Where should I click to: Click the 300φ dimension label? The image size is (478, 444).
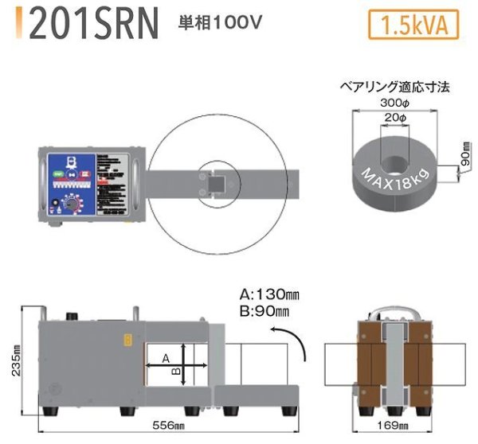pyautogui.click(x=394, y=103)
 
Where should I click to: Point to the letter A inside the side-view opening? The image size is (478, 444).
pyautogui.click(x=166, y=359)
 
